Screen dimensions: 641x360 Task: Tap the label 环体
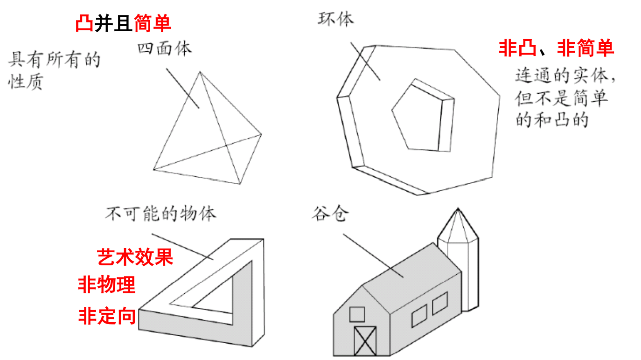pyautogui.click(x=335, y=19)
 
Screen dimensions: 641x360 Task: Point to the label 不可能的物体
pyautogui.click(x=160, y=214)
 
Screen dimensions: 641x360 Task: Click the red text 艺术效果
pyautogui.click(x=135, y=257)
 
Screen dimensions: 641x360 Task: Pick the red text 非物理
pyautogui.click(x=106, y=284)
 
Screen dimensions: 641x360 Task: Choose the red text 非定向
pyautogui.click(x=107, y=316)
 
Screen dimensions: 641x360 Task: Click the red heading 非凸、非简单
pyautogui.click(x=556, y=48)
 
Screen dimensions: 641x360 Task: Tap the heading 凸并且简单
pyautogui.click(x=123, y=23)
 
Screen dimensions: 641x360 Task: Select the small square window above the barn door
pyautogui.click(x=357, y=314)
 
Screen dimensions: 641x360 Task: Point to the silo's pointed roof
pyautogui.click(x=458, y=225)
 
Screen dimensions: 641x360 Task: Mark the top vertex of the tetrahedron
pyautogui.click(x=200, y=72)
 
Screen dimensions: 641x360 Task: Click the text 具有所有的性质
pyautogui.click(x=54, y=70)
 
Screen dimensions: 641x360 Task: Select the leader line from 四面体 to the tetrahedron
pyautogui.click(x=182, y=89)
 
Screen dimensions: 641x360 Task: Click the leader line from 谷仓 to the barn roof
pyautogui.click(x=373, y=255)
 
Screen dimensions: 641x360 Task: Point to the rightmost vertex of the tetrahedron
pyautogui.click(x=261, y=134)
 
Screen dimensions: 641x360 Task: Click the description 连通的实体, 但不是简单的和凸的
pyautogui.click(x=565, y=98)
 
